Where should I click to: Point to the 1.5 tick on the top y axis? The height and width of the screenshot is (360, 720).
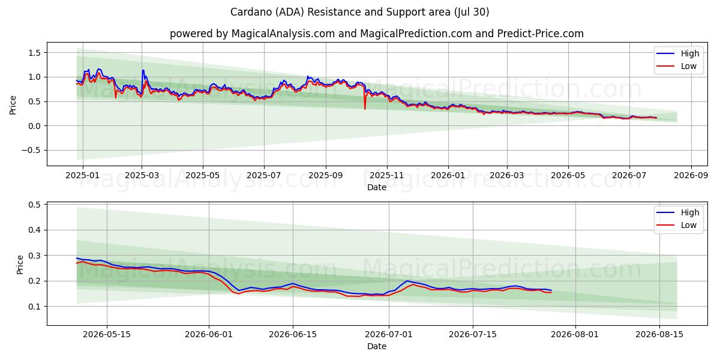coord(34,53)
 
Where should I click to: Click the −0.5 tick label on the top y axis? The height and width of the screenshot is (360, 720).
coord(31,151)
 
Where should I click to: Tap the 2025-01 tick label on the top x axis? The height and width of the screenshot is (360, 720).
coord(83,175)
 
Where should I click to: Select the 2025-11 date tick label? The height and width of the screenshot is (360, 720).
coord(388,175)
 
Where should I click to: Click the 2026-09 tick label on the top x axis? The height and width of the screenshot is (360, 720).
coord(691,175)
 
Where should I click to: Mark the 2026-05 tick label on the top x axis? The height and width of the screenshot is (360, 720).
coord(568,175)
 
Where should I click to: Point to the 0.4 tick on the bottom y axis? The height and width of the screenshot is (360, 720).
coord(34,230)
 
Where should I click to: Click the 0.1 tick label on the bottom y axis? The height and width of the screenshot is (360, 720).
coord(34,307)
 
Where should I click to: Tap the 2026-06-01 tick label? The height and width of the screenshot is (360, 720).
coord(209,335)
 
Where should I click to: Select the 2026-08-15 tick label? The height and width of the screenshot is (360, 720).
coord(659,335)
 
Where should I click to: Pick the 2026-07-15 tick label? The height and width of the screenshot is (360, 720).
coord(473,335)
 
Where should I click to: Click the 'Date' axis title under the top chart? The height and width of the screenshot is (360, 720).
coord(377,187)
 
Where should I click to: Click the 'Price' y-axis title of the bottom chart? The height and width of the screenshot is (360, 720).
coord(20,265)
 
